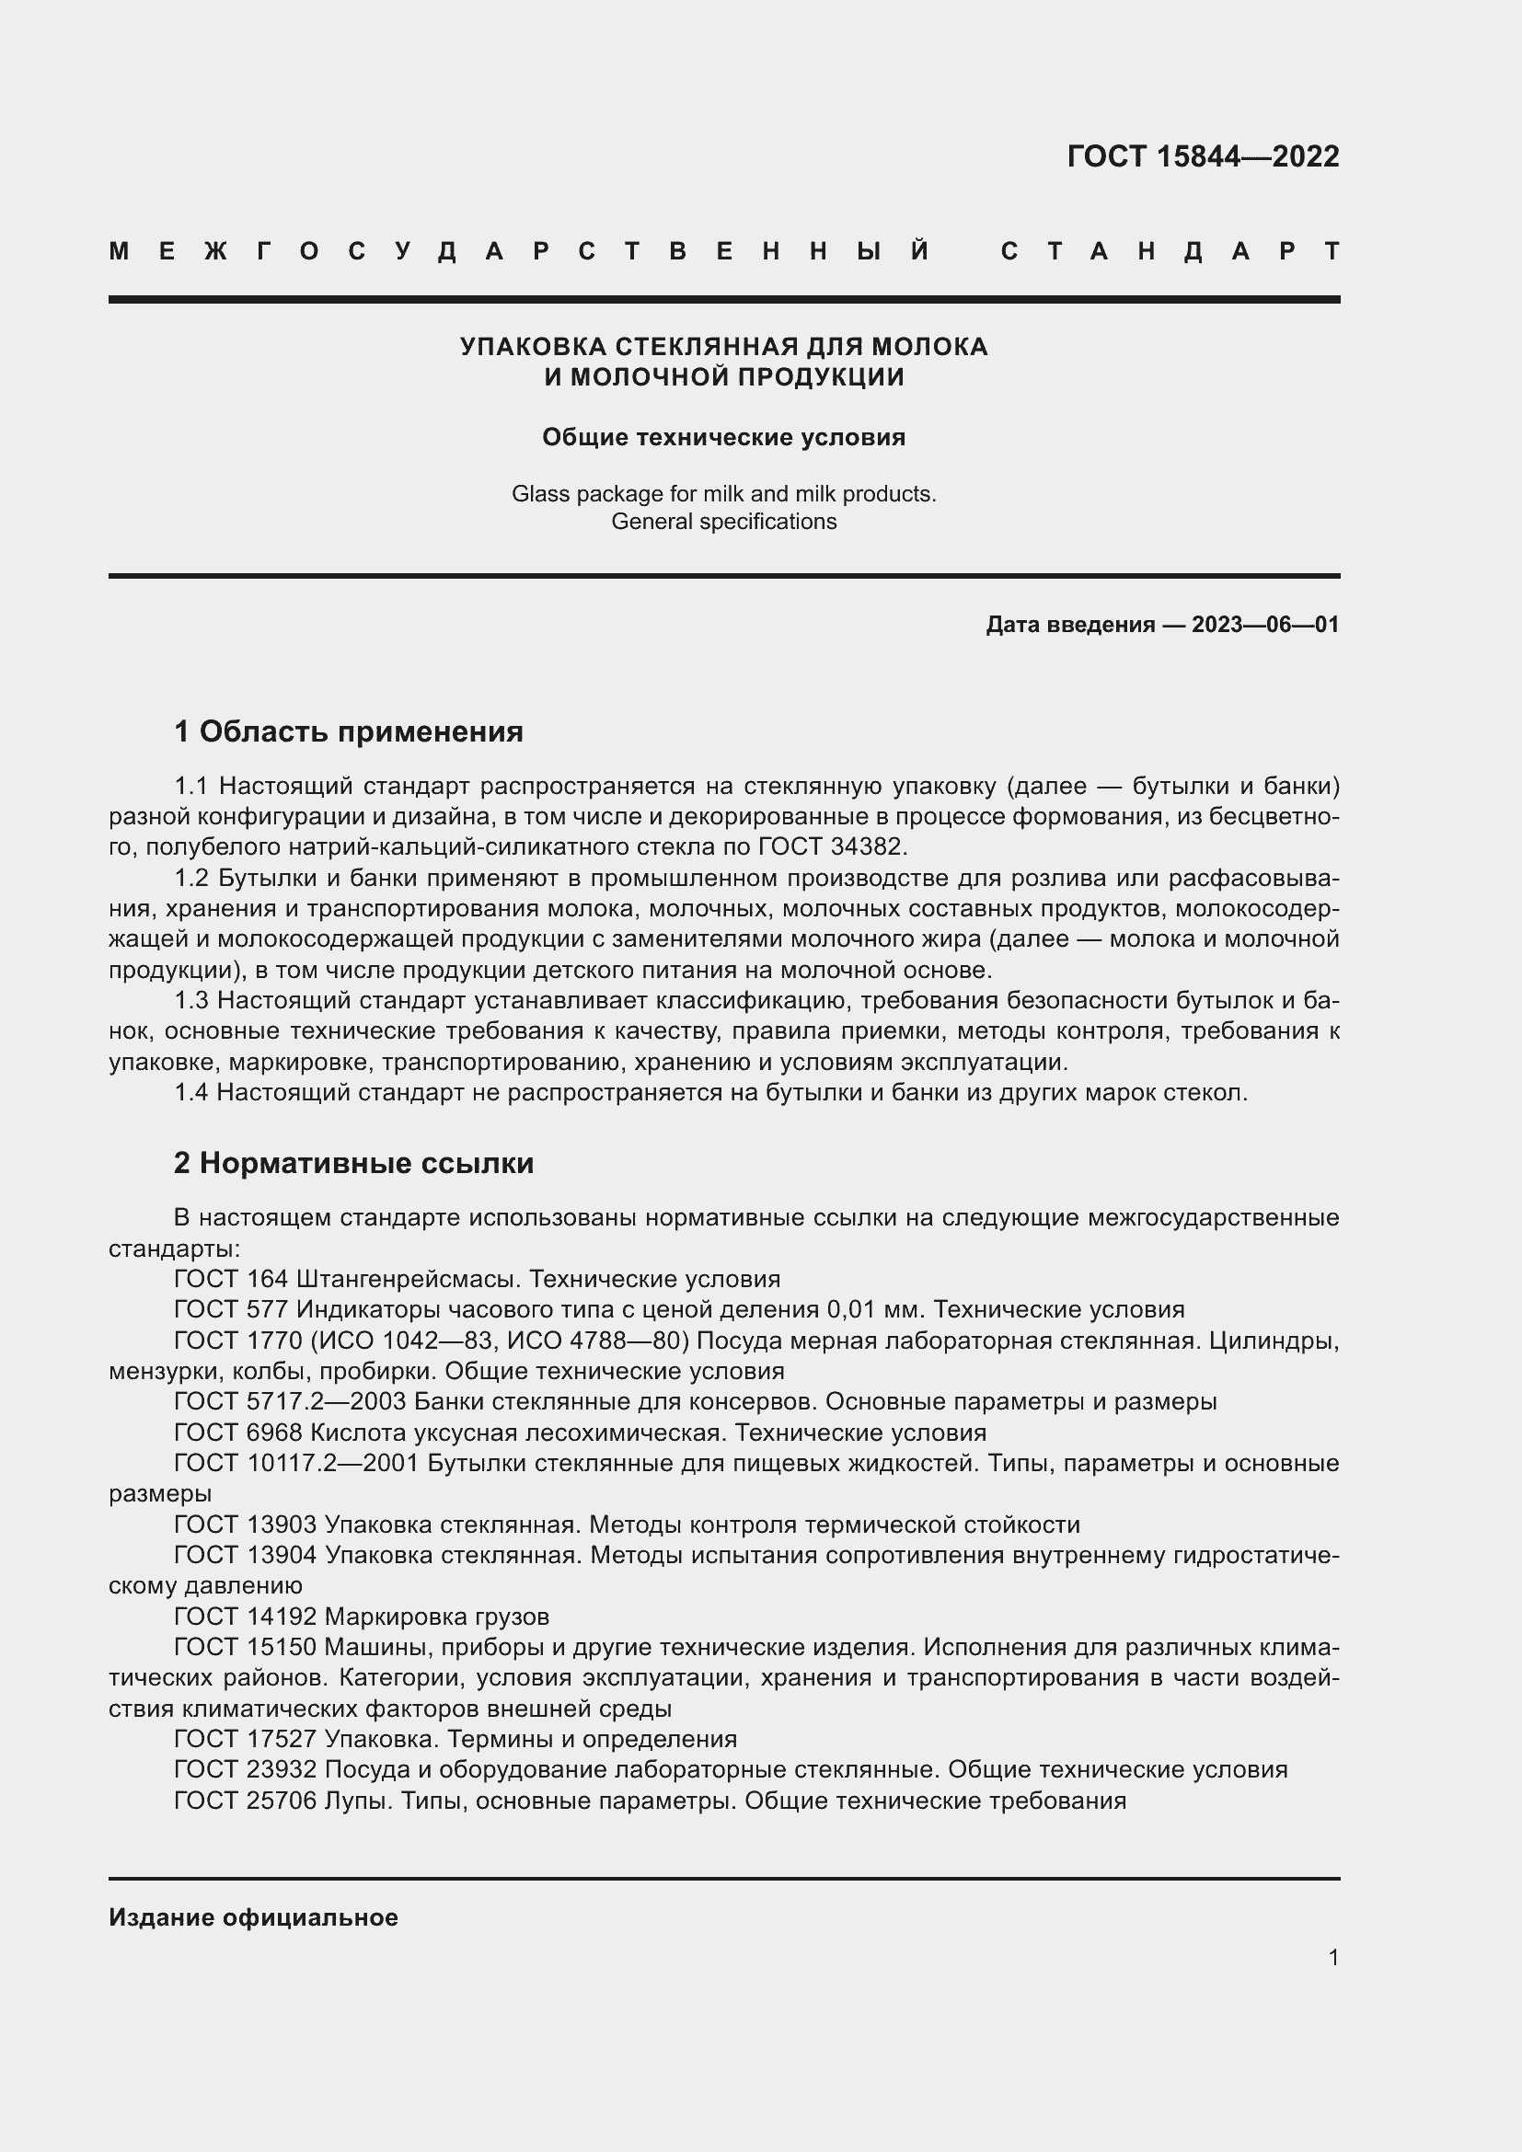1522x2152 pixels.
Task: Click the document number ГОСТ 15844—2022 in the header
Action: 1203,156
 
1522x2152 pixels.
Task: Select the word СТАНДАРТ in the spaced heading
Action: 1169,252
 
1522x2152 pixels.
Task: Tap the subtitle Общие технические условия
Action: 723,438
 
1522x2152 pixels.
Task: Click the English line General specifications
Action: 723,521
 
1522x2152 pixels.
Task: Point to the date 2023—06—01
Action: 1264,624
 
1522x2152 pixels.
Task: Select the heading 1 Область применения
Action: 349,732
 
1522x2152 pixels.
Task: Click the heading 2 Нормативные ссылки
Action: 353,1163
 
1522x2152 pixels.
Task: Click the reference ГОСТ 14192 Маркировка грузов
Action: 362,1617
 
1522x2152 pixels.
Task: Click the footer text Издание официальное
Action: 253,1917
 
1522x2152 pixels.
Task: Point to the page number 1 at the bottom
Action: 1333,1957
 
